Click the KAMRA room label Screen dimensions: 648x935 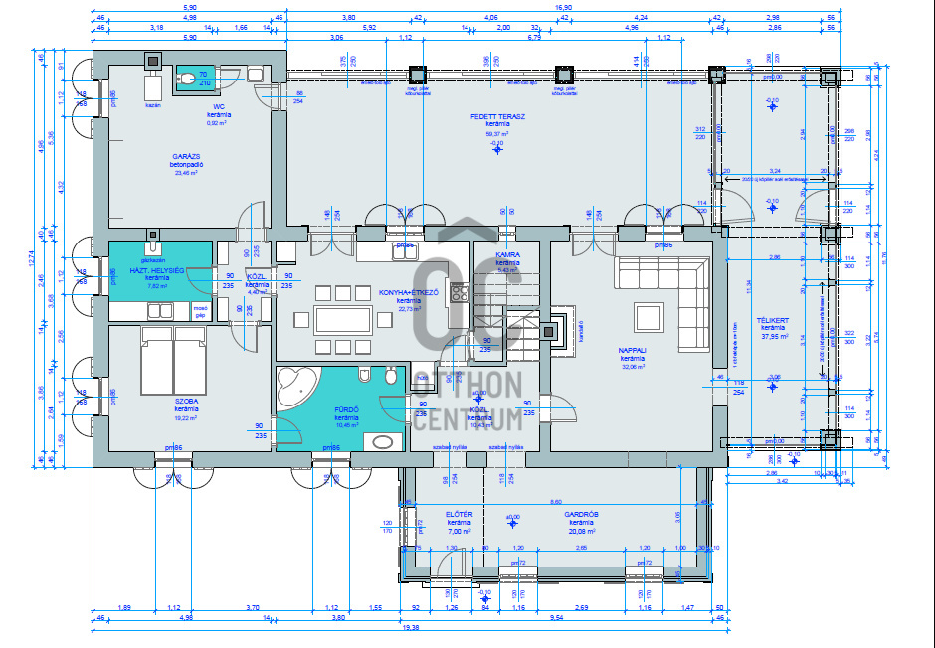[x=508, y=255]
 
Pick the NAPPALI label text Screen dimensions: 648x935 [x=633, y=351]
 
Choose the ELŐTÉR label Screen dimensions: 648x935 [x=459, y=514]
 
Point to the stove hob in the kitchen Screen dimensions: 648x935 [x=460, y=292]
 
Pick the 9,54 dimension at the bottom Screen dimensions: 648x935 [x=562, y=617]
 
